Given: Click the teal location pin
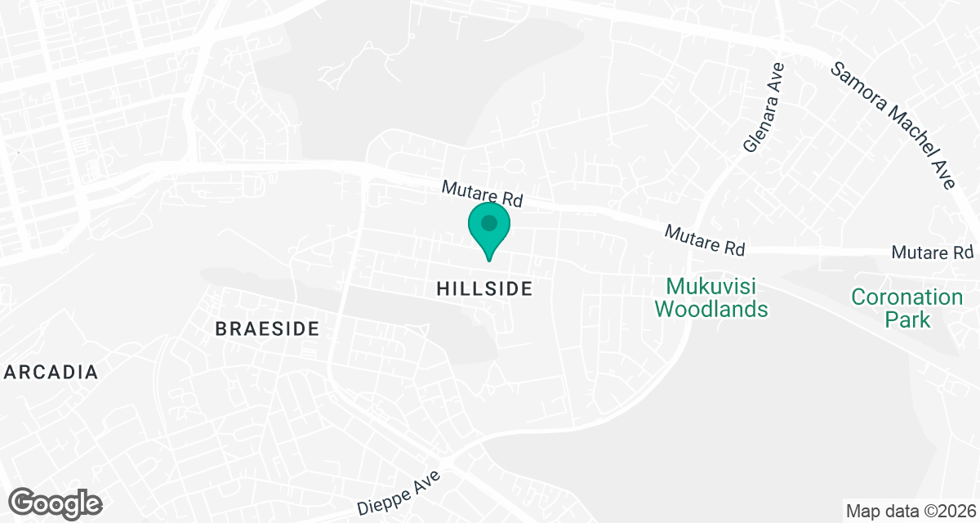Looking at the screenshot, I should [x=489, y=229].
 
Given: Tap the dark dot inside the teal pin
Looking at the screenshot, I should [x=489, y=222].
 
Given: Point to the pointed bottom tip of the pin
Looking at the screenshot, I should [x=489, y=260].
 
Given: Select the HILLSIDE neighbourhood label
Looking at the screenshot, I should [x=484, y=288].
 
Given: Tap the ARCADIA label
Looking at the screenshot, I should [x=51, y=373].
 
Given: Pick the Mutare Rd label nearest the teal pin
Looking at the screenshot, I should [x=482, y=194].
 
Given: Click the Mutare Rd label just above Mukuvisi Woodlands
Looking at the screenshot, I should [x=705, y=239].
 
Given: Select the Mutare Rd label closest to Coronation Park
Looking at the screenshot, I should [x=933, y=253].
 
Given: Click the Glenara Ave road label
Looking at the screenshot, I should [x=764, y=108].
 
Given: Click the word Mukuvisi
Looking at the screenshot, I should [x=710, y=287].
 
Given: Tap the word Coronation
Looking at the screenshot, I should [x=907, y=297].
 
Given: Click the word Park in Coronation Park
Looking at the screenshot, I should [x=907, y=319].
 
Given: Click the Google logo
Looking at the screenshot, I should [x=56, y=503].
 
